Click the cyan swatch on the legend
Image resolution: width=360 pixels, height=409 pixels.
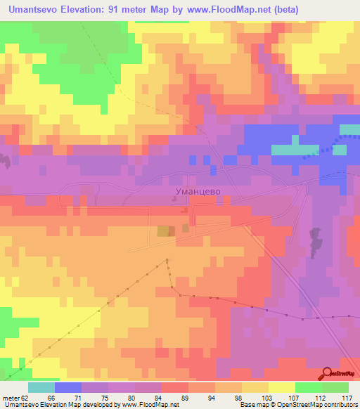tap(41, 387)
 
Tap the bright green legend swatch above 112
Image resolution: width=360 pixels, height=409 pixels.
tap(309, 387)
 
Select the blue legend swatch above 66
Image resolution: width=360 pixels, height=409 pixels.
tap(68, 387)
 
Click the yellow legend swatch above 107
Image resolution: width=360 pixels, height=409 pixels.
tap(282, 387)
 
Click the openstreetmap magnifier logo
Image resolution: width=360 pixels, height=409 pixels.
tap(329, 374)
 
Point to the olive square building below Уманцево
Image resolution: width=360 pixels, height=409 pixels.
tap(163, 231)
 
